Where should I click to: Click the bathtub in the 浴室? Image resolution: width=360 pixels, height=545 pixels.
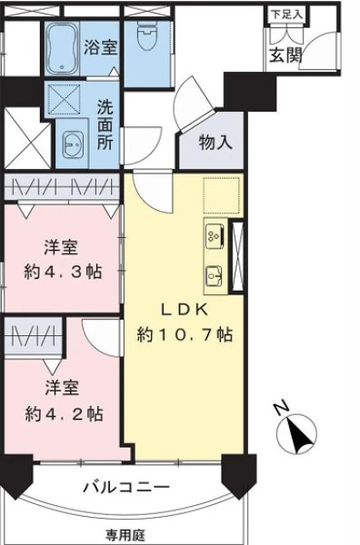pos(63,49)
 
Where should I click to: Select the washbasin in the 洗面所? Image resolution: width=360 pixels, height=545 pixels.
pos(73,144)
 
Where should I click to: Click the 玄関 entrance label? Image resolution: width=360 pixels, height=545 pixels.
pos(285,54)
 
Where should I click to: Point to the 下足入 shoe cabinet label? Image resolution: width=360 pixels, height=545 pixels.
pos(286,15)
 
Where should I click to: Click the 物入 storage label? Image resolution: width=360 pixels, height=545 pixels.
pos(215,143)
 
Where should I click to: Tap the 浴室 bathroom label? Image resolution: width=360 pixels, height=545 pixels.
pos(101,47)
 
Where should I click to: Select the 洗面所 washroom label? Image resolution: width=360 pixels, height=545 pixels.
pos(105,124)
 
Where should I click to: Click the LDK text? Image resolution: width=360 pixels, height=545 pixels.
pos(185,309)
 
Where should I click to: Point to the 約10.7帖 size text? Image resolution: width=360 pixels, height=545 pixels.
pos(185,334)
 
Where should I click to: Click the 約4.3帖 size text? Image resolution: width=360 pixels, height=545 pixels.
pos(63,272)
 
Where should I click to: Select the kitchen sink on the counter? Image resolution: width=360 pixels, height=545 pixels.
pos(214,276)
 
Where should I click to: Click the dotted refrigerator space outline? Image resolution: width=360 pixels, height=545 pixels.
pos(222,195)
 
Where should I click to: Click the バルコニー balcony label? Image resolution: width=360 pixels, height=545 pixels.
pos(126,487)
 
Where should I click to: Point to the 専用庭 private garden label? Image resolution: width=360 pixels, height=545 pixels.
pos(125,535)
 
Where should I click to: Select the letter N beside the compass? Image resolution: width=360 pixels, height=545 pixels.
pos(282,407)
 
